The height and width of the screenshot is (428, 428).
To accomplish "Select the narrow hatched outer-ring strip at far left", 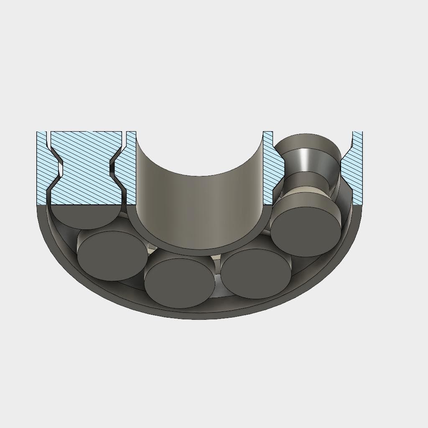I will (x=42, y=167).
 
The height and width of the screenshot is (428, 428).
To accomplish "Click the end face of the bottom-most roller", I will (x=179, y=283).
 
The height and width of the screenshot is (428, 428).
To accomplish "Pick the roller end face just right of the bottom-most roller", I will (x=256, y=273).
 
